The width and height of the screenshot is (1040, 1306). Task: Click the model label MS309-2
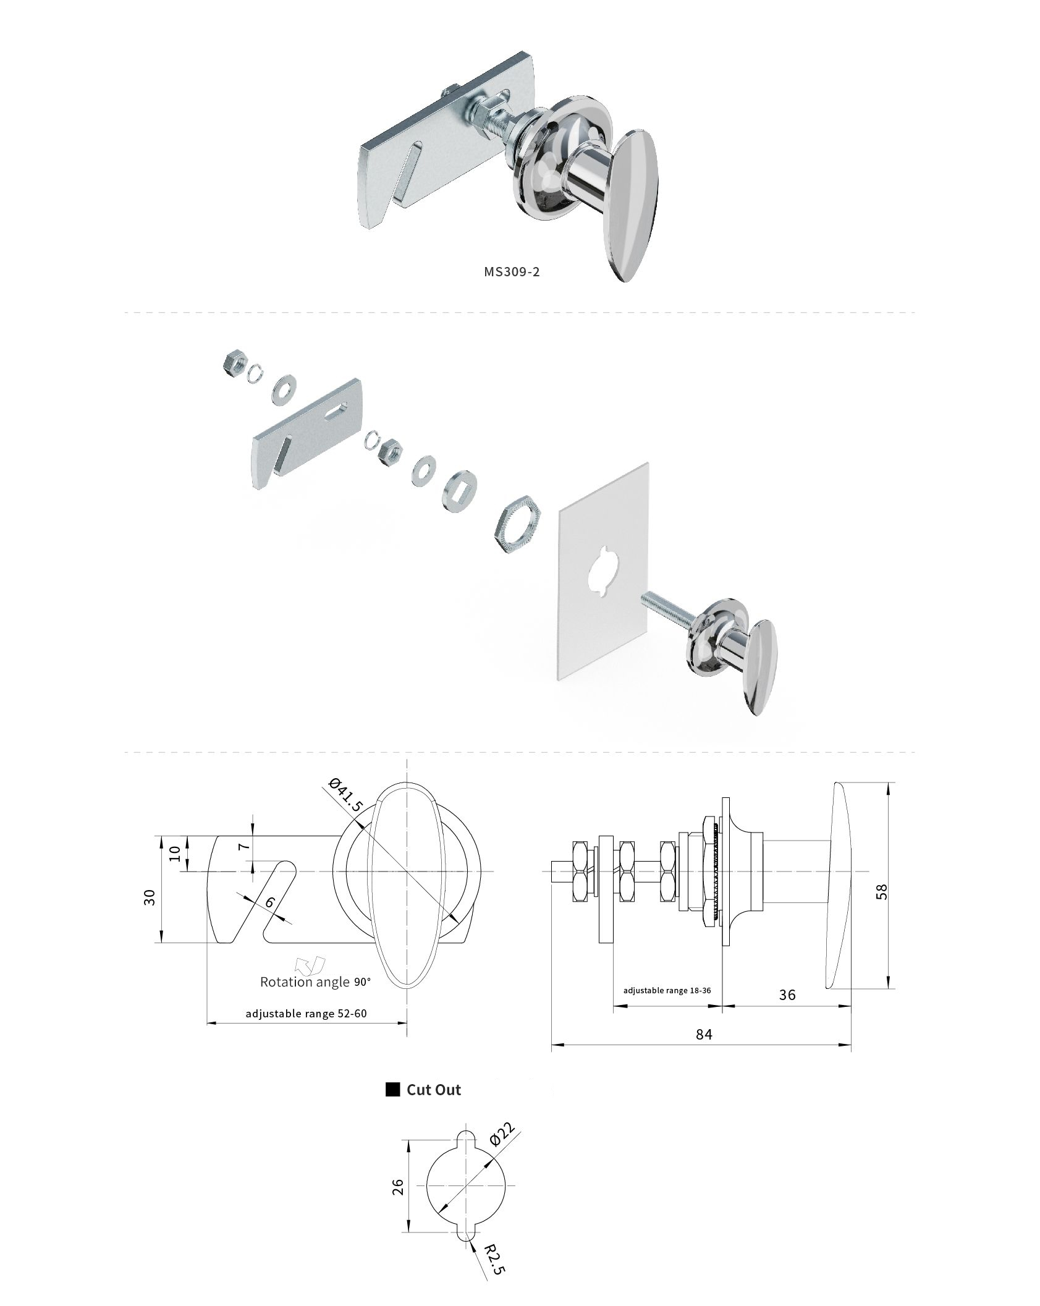pyautogui.click(x=512, y=271)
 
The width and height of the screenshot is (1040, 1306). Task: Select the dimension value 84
pyautogui.click(x=703, y=1035)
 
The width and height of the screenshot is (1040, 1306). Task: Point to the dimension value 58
pyautogui.click(x=882, y=891)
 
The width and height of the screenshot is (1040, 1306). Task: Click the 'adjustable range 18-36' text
pyautogui.click(x=667, y=990)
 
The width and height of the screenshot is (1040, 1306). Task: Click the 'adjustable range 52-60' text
pyautogui.click(x=306, y=1014)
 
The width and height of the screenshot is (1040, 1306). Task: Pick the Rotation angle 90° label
pyautogui.click(x=315, y=982)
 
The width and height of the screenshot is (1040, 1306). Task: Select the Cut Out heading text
pyautogui.click(x=433, y=1090)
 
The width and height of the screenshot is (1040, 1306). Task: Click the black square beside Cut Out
pyautogui.click(x=392, y=1090)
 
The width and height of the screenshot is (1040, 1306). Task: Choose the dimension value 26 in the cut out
pyautogui.click(x=399, y=1186)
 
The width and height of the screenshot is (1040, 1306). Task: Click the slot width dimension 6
pyautogui.click(x=269, y=902)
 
